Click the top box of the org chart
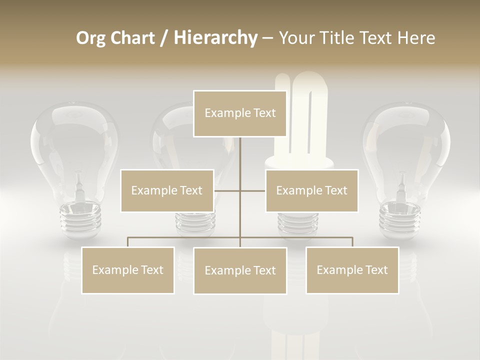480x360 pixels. coord(240,113)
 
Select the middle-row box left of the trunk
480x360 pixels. coord(167,190)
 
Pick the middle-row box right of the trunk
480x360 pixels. coord(311,190)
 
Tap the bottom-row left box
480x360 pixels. coord(128,270)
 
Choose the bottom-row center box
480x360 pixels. coord(240,270)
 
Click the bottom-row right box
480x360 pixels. coord(352,270)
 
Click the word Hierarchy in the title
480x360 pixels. coord(215,37)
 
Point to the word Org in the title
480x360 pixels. coord(90,38)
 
